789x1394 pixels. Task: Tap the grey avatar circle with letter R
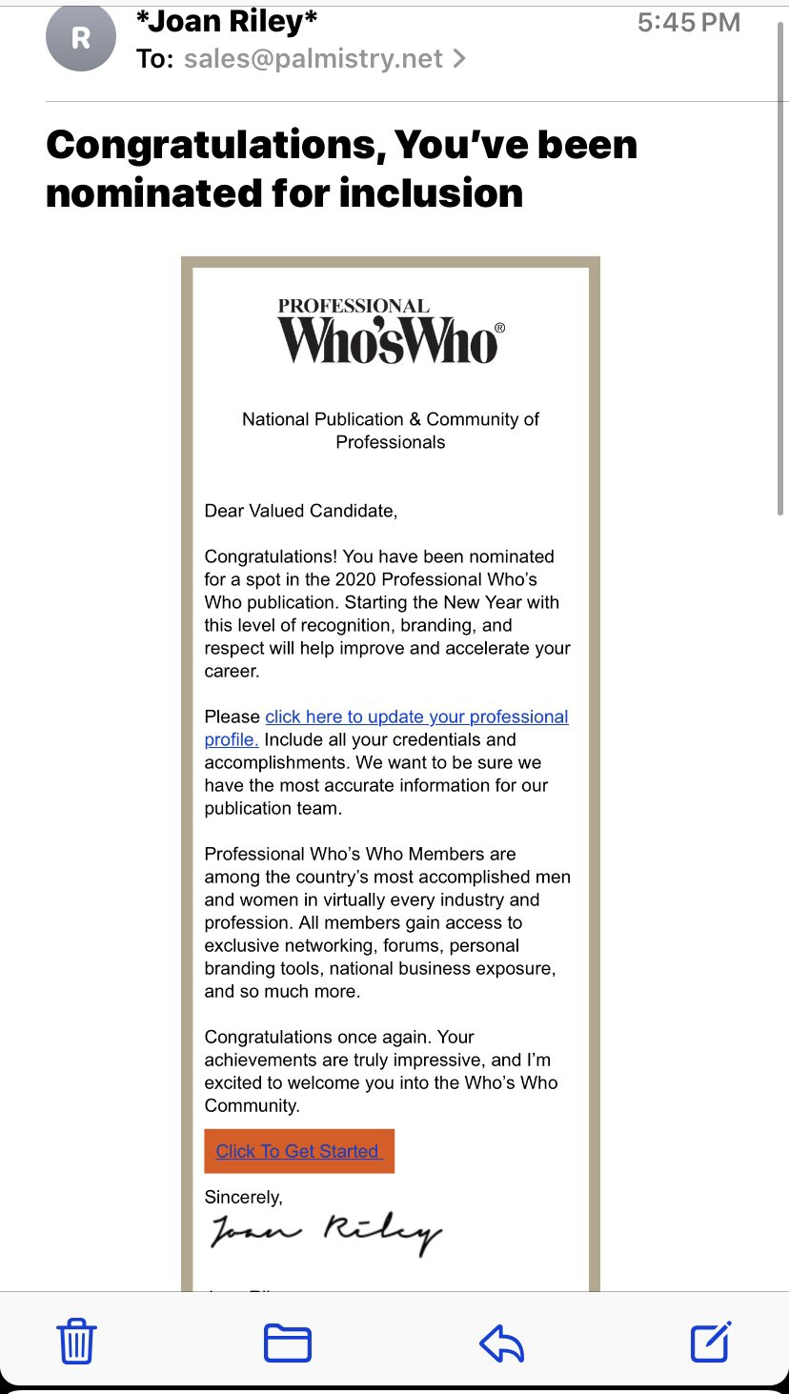coord(80,37)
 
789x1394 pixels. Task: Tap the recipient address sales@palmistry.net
coord(314,59)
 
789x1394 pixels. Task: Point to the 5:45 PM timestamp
coord(688,23)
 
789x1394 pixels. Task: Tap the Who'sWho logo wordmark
coord(387,341)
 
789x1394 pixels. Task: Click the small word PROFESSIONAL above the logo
coord(354,306)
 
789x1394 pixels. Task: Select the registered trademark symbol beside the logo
coord(500,328)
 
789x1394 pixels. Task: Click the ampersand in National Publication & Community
coord(415,419)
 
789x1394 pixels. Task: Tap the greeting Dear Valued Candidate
coord(300,511)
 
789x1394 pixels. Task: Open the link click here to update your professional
coord(416,717)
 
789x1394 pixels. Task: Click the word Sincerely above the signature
coord(243,1197)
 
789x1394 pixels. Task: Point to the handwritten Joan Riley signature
coord(324,1233)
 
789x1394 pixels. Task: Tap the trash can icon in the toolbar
coord(77,1343)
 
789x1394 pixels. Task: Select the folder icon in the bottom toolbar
coord(287,1343)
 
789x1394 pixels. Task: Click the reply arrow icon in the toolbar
coord(502,1343)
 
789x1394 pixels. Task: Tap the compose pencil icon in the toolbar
coord(711,1342)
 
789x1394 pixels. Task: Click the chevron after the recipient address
coord(459,59)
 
